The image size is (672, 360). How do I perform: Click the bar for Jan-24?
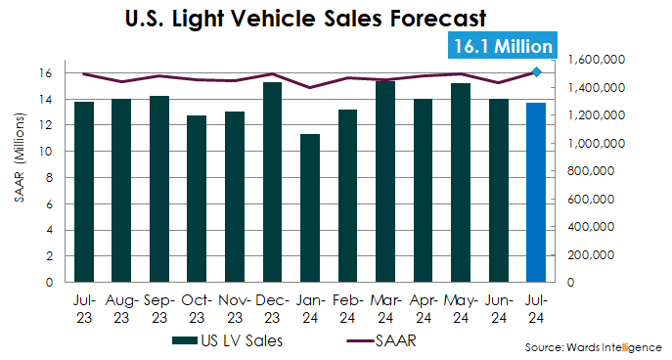[x=309, y=207]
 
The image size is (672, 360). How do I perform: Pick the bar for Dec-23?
[x=272, y=182]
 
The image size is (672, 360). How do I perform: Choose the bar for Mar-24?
[x=384, y=181]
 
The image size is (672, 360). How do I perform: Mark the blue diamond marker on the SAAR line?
[x=536, y=71]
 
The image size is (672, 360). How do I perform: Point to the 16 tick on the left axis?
[x=45, y=73]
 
